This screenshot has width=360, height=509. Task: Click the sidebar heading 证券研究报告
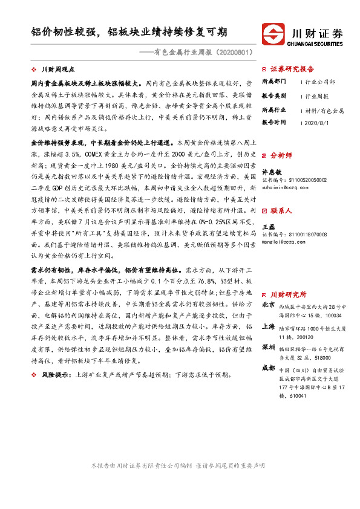tap(292, 69)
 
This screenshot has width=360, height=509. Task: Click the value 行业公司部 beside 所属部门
tap(321, 80)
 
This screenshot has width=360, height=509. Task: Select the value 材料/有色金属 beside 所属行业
tap(324, 111)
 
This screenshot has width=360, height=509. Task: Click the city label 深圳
tap(269, 348)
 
